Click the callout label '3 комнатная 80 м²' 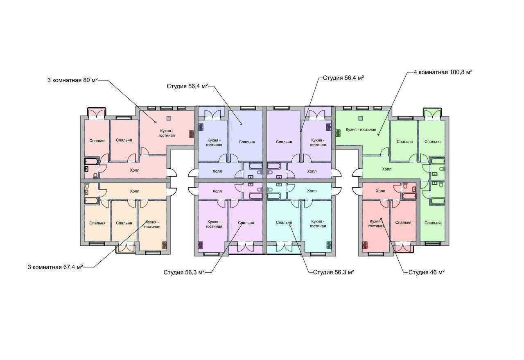[72, 80]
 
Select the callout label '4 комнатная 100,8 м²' [443, 72]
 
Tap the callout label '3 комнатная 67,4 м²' [55, 267]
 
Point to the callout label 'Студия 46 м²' [427, 272]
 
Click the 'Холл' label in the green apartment [386, 169]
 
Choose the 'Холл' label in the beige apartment [135, 191]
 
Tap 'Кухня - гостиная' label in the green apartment [361, 130]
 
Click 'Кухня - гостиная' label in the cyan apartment [318, 224]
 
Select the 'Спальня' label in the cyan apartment [284, 222]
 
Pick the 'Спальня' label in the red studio [403, 222]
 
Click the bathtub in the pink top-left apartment [92, 161]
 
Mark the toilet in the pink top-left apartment [95, 176]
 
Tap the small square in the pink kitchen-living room [169, 118]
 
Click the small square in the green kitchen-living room [361, 118]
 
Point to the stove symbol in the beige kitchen [164, 245]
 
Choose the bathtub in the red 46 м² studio [409, 196]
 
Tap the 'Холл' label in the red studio [380, 191]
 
